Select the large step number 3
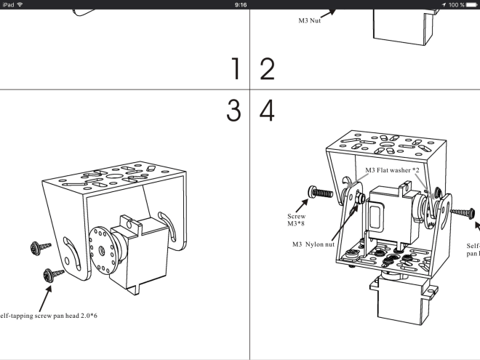click(x=233, y=111)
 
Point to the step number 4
click(x=267, y=111)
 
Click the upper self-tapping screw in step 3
click(x=37, y=248)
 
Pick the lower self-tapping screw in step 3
click(x=54, y=274)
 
